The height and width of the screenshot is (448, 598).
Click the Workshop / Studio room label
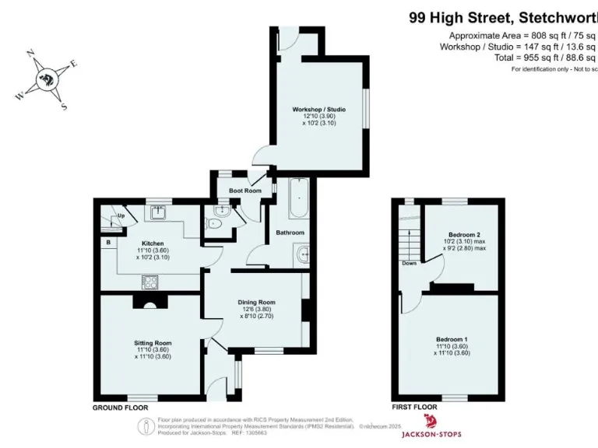[x=319, y=109]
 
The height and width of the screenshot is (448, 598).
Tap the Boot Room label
[x=244, y=191]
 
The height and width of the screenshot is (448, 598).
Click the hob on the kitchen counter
[x=149, y=281]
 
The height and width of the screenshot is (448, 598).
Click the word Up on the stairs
[x=121, y=216]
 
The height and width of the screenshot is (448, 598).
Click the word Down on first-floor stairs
[x=409, y=263]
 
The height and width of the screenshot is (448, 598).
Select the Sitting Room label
[x=152, y=342]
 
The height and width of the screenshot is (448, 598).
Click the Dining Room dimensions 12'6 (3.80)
[x=256, y=310]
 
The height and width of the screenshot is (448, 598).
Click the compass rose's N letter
[x=30, y=54]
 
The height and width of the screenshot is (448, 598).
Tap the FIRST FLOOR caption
[x=413, y=408]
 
